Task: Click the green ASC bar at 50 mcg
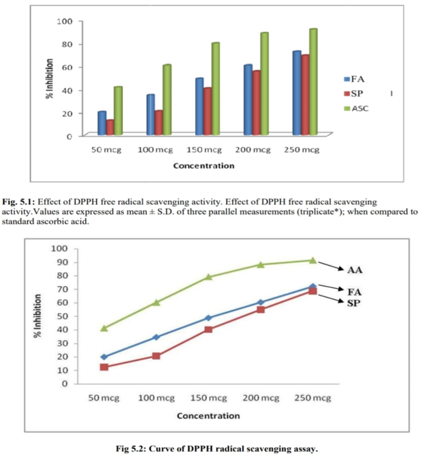118,111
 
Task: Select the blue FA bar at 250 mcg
296,93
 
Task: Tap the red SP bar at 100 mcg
158,123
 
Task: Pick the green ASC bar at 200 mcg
264,84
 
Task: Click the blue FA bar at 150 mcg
199,107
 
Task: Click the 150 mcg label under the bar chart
205,150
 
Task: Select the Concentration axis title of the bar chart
203,166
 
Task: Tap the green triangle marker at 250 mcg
312,260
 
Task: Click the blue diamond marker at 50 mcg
104,357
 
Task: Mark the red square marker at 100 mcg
156,356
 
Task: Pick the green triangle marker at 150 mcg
208,277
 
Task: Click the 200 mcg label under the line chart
260,398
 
